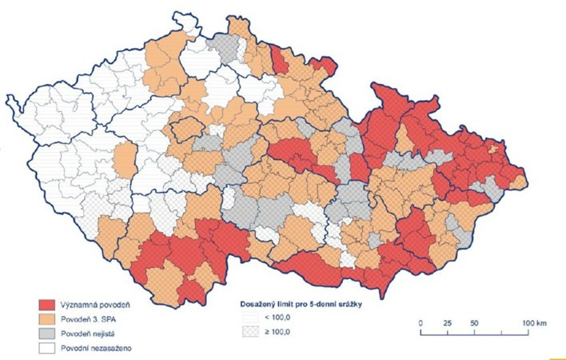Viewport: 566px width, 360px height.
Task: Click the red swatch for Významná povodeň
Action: click(x=52, y=305)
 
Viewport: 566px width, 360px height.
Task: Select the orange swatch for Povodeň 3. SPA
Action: click(x=52, y=319)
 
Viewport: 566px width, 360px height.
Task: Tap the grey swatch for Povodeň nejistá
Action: click(x=52, y=334)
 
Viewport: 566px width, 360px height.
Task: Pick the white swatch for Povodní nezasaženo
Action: click(x=52, y=349)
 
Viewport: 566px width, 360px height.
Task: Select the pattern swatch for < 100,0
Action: click(x=250, y=319)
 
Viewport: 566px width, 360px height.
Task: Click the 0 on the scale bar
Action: click(x=421, y=322)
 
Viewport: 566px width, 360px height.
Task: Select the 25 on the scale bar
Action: click(x=447, y=322)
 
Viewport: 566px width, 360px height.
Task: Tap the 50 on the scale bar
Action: click(x=474, y=322)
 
